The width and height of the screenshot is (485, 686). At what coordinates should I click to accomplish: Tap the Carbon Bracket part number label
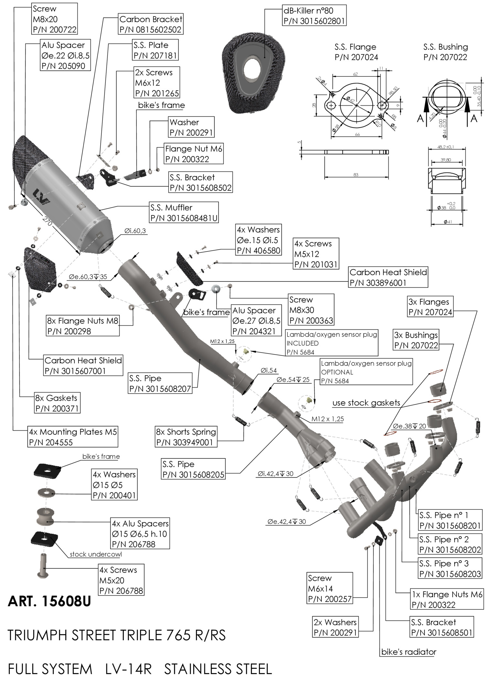pyautogui.click(x=150, y=29)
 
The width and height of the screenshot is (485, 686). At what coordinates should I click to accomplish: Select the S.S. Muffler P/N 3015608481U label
pyautogui.click(x=184, y=213)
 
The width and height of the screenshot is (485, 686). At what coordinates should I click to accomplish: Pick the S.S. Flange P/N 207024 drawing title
pyautogui.click(x=356, y=52)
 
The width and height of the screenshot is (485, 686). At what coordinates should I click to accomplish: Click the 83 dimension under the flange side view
pyautogui.click(x=356, y=175)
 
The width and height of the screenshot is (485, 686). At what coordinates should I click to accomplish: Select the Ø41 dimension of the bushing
pyautogui.click(x=447, y=222)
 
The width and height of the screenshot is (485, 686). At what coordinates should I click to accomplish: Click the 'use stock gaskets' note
pyautogui.click(x=366, y=403)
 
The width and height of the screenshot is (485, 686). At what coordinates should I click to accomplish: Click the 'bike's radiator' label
pyautogui.click(x=409, y=652)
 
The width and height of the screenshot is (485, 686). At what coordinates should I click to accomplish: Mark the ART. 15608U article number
pyautogui.click(x=49, y=601)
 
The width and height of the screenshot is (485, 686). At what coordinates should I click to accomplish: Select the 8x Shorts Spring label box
pyautogui.click(x=186, y=437)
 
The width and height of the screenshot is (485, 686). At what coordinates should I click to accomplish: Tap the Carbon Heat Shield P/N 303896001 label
pyautogui.click(x=388, y=277)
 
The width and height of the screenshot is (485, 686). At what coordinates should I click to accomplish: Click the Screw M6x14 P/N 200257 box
pyautogui.click(x=330, y=588)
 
